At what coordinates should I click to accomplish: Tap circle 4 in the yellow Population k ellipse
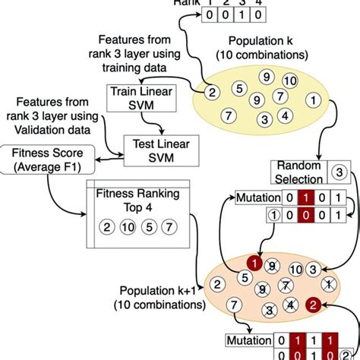[x=284, y=116]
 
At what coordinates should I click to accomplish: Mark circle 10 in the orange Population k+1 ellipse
[x=295, y=269]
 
